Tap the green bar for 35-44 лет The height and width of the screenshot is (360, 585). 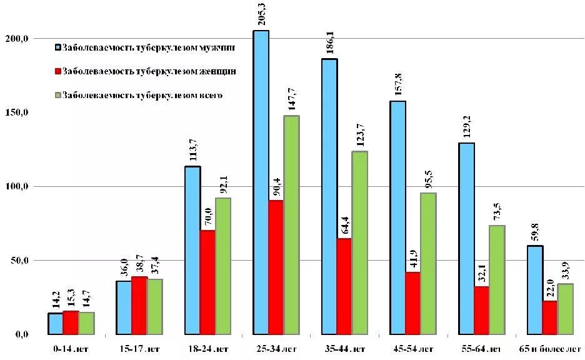pos(359,243)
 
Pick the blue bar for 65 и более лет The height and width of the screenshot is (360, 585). pos(535,290)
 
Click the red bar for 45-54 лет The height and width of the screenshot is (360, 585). pos(413,303)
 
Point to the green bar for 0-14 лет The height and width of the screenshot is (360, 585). pos(86,323)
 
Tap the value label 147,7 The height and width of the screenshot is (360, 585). pos(292,101)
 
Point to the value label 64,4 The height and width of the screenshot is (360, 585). pos(344,224)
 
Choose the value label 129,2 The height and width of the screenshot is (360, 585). pos(467,129)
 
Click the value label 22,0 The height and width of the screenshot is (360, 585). pos(550,287)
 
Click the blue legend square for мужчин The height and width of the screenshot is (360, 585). pos(57,47)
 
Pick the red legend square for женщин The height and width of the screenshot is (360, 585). pos(57,72)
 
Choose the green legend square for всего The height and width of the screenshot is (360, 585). pos(57,96)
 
